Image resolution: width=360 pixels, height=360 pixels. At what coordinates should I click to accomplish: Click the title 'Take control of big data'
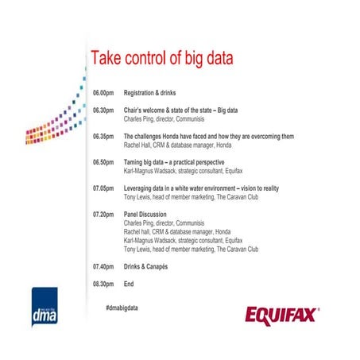166,60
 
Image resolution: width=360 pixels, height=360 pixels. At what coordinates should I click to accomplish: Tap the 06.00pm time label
103,93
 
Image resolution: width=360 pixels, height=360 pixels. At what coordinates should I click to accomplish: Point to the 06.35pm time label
103,137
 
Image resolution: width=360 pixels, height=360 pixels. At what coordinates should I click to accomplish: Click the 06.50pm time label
103,162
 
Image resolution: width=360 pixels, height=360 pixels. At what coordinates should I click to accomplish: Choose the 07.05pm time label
103,188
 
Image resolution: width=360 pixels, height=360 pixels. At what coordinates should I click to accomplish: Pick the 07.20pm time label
103,215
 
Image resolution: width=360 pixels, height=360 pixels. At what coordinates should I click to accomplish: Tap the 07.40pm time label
103,266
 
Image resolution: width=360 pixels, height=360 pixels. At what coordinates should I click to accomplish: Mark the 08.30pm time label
103,284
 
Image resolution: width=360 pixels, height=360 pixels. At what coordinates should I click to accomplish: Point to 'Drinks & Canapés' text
151,266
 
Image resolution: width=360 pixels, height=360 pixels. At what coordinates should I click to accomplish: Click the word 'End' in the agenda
130,284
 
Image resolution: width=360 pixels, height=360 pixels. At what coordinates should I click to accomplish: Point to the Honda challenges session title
210,137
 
